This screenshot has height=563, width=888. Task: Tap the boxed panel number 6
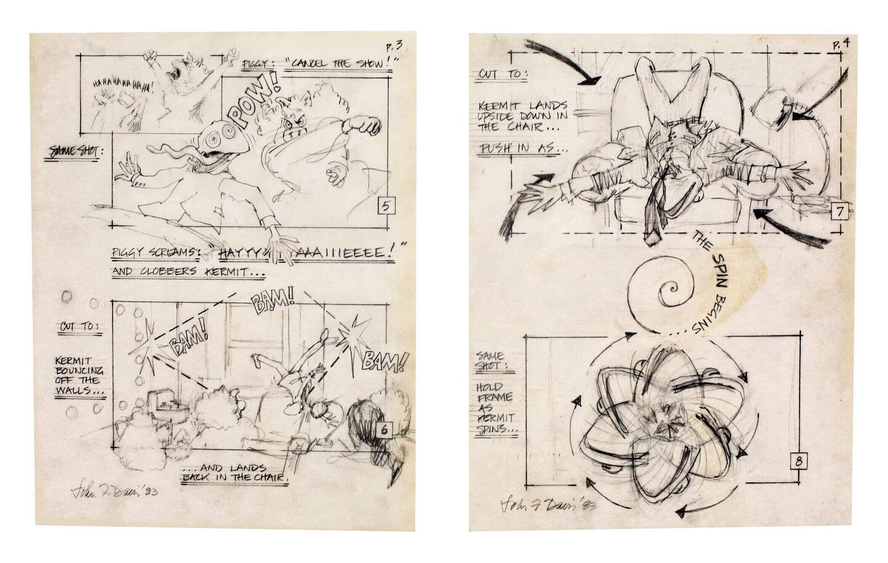pos(385,429)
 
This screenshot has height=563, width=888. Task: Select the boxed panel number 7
pos(840,211)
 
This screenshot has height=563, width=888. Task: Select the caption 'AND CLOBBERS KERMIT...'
pos(188,272)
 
